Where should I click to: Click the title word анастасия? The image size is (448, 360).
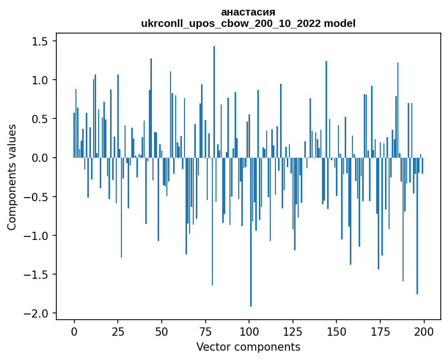(x=248, y=12)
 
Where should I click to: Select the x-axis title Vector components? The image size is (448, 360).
(x=248, y=347)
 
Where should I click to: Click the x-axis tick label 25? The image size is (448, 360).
(x=118, y=331)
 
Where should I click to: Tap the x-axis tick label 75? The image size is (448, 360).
(x=205, y=331)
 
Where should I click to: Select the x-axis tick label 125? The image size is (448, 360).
(x=292, y=331)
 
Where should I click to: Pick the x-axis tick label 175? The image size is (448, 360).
(x=380, y=331)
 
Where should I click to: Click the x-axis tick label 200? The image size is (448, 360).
(x=424, y=331)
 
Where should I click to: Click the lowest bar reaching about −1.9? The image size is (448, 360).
(x=251, y=233)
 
